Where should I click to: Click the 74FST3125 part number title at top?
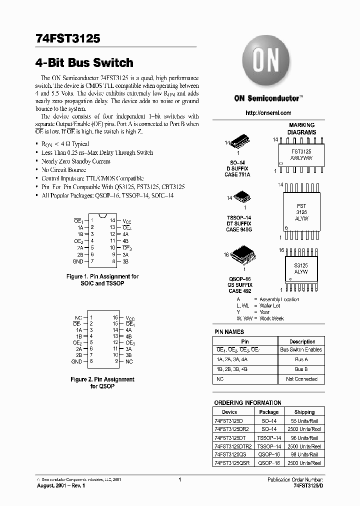click(68, 38)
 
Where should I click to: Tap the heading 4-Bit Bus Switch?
click(84, 63)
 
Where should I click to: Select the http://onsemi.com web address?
click(268, 113)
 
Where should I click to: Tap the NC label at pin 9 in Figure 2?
click(129, 361)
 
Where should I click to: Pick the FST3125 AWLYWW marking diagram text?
click(301, 153)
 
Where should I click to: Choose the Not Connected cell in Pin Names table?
click(301, 379)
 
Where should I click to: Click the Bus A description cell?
click(301, 359)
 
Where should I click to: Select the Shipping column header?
click(304, 412)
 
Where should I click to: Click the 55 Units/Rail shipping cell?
click(304, 421)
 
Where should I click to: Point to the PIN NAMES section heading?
click(229, 331)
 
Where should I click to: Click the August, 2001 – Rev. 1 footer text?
click(61, 485)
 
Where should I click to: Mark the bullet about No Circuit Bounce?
click(63, 170)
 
